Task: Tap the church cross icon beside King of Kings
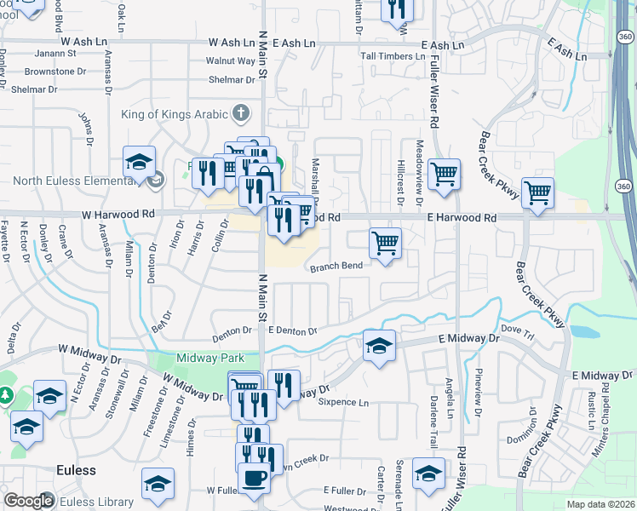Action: pos(241,113)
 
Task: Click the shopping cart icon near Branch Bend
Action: pos(385,243)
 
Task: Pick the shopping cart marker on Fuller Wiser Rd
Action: pos(445,175)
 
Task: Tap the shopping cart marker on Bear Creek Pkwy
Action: pos(537,192)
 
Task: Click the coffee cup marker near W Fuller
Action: pos(253,478)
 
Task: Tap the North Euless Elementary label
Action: pos(77,181)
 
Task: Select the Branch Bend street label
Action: pos(336,266)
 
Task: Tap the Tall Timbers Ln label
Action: pos(392,56)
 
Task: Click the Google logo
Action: pos(28,501)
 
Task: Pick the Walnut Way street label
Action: pos(231,61)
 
